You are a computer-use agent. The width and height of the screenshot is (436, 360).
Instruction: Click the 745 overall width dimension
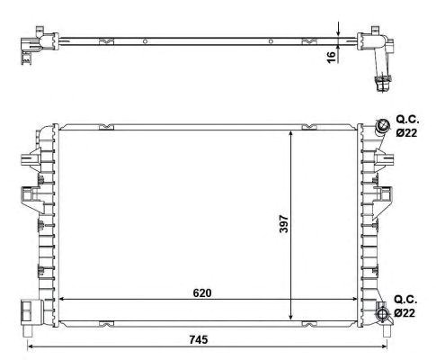coord(199,340)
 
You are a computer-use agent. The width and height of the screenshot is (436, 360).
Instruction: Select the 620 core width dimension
coord(202,293)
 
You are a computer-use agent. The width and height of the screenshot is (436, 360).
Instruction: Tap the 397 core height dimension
coord(283,223)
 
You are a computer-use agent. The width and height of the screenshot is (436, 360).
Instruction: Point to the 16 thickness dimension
coord(331,57)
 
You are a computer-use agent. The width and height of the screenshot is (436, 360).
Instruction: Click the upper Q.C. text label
coord(408,120)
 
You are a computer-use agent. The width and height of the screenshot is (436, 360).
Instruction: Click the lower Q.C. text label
coord(405,300)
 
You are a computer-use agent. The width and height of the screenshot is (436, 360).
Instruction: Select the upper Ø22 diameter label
coord(406,132)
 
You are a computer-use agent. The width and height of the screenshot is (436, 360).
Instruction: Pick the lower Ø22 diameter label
coord(405,313)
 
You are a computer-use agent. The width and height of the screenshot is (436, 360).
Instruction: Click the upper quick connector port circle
coord(383,125)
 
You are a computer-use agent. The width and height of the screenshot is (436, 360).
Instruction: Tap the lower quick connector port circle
coord(383,314)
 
